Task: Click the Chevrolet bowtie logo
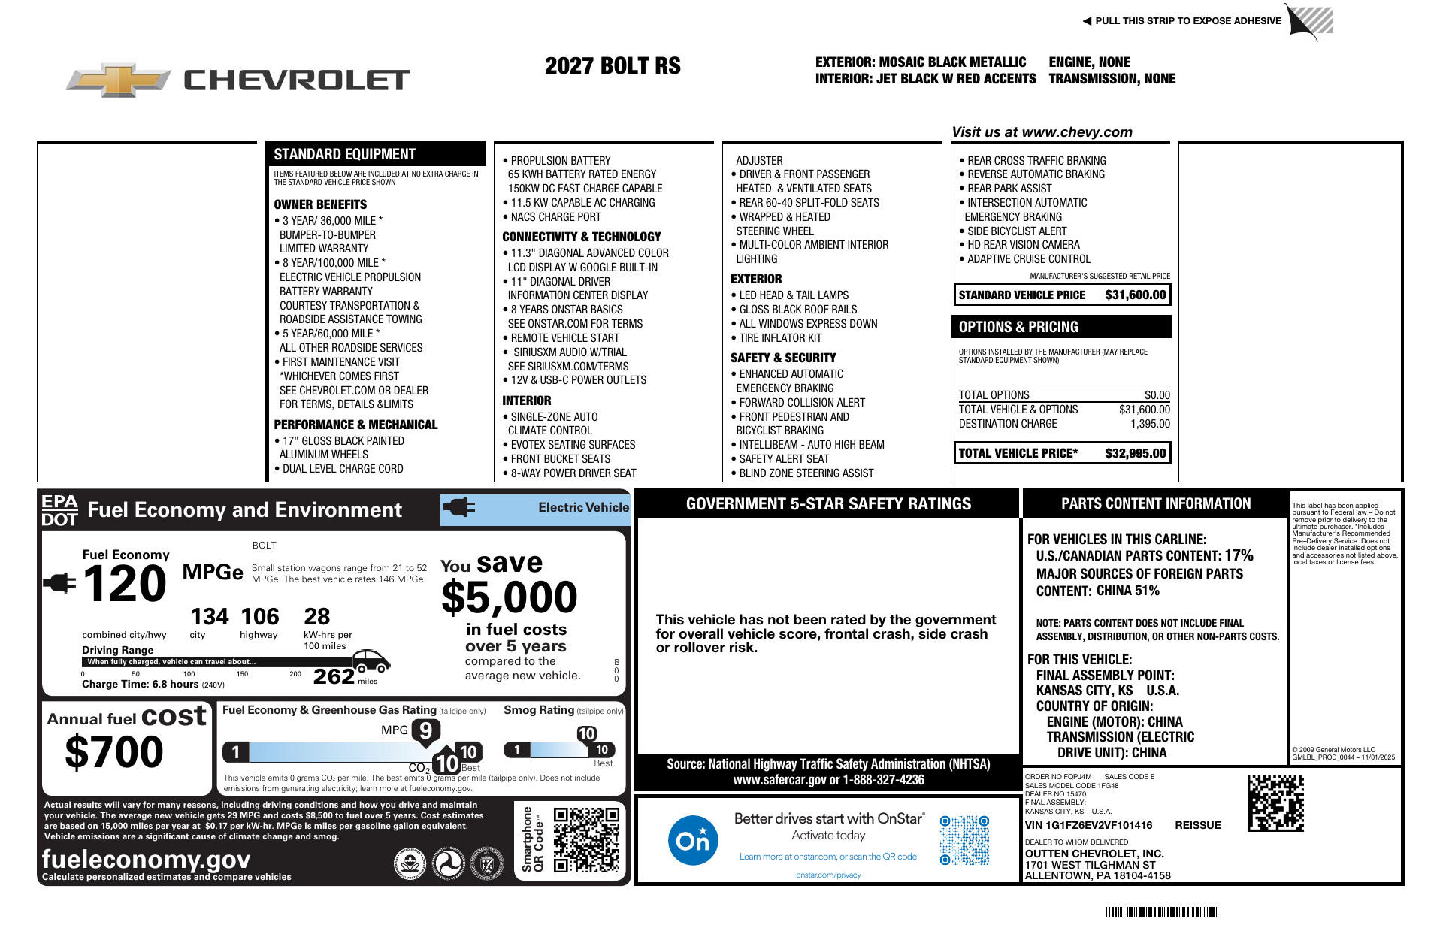click(118, 80)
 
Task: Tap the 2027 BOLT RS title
click(613, 66)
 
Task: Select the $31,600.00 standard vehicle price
click(1135, 295)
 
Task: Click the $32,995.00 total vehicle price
click(1135, 453)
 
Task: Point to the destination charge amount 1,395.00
click(1150, 424)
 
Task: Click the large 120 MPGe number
click(125, 584)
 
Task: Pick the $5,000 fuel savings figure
click(509, 598)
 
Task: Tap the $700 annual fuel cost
click(114, 751)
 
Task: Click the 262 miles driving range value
click(334, 676)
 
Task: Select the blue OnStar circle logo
click(692, 840)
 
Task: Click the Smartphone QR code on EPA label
click(586, 839)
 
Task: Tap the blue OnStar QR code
click(964, 840)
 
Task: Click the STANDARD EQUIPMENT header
click(344, 154)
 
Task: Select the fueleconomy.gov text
click(146, 859)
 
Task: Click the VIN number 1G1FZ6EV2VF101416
click(1088, 825)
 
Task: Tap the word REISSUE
click(1198, 825)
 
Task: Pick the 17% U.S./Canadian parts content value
click(1239, 555)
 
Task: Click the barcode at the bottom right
click(1161, 912)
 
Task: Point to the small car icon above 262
click(371, 660)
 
